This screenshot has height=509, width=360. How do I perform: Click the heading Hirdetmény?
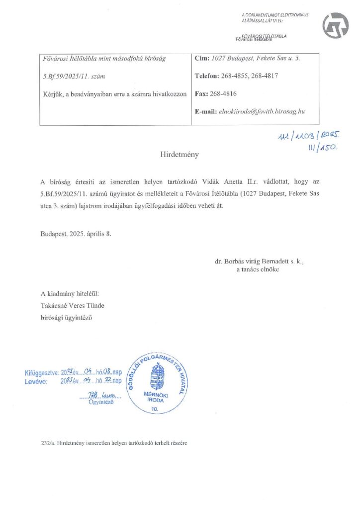point(180,155)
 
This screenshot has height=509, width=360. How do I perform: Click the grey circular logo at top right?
point(336,26)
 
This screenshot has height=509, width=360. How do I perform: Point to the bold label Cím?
point(202,59)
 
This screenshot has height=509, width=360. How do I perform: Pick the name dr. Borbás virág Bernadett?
point(254,260)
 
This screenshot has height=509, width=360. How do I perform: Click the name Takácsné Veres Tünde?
point(73,305)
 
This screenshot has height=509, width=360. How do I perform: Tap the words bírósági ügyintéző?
point(67,317)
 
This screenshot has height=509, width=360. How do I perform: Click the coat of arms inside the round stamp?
point(157,377)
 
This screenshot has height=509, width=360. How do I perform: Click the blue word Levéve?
point(36,381)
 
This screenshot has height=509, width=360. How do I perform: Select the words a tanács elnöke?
point(258,269)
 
